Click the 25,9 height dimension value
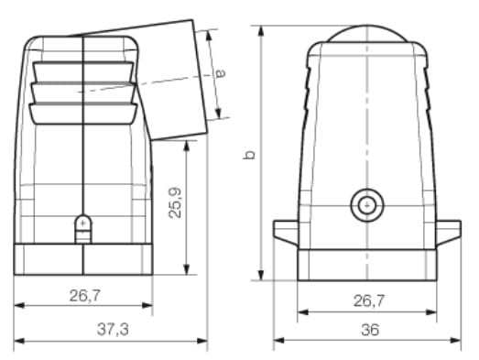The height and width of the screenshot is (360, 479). tap(175, 202)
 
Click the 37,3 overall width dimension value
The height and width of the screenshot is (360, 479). tap(113, 330)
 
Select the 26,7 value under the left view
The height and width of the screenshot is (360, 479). tap(84, 296)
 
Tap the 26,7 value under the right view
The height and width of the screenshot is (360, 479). tap(369, 301)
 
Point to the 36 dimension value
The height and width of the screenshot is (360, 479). tap(370, 330)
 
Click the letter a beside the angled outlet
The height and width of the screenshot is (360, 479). tap(221, 73)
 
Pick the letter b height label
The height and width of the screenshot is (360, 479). tap(249, 155)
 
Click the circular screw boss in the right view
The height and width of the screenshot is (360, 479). tap(367, 205)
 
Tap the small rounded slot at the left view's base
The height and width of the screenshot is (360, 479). tap(83, 229)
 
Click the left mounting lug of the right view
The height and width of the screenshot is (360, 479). tap(286, 232)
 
